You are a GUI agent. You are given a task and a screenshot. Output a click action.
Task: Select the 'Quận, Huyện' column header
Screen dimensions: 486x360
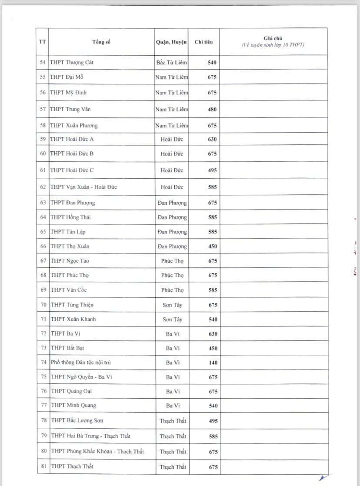click(171, 42)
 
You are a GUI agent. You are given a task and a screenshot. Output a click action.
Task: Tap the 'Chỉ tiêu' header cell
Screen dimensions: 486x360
click(203, 42)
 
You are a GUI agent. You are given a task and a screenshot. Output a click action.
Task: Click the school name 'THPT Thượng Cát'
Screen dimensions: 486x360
click(72, 63)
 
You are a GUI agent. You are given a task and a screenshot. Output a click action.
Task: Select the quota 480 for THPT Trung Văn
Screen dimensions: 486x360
click(212, 110)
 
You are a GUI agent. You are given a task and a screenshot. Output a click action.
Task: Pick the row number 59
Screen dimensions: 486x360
click(43, 140)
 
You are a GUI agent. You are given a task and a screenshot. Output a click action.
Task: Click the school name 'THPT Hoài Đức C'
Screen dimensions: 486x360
click(72, 170)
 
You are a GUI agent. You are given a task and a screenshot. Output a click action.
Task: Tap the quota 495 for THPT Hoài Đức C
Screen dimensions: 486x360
click(212, 170)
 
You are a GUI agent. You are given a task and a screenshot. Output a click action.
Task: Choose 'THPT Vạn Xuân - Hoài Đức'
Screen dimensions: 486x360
click(83, 187)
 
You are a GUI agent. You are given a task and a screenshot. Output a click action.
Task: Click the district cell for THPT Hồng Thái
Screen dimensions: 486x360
click(172, 217)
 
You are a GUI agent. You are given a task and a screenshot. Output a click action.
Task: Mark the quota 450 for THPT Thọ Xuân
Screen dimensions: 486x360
click(212, 246)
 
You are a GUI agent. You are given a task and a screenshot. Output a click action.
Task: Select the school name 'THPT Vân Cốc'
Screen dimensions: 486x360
click(70, 290)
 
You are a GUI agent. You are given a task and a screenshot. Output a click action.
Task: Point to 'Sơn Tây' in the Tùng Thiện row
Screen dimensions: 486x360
click(172, 305)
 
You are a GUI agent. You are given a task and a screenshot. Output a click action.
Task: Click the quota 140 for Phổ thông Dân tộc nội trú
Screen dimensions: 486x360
click(212, 363)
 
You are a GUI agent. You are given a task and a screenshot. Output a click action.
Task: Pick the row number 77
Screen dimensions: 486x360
click(43, 406)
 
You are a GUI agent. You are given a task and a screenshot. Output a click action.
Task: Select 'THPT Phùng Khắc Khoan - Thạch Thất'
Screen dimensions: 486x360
click(97, 452)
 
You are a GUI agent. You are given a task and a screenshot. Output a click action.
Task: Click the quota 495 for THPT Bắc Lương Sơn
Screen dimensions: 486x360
click(212, 421)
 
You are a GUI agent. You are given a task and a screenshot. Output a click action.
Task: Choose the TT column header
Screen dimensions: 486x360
click(43, 42)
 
